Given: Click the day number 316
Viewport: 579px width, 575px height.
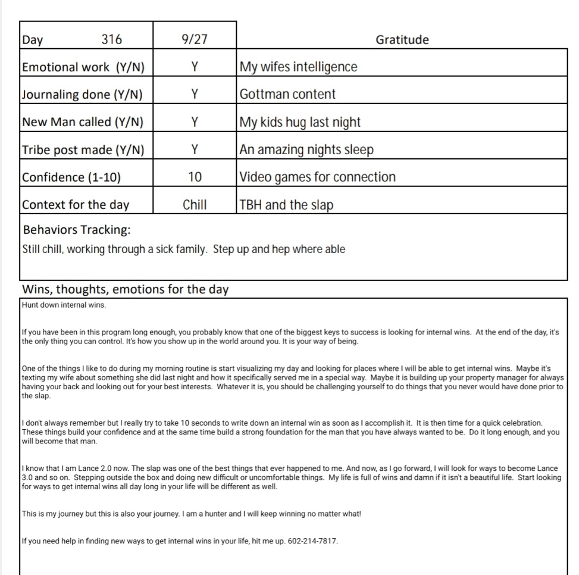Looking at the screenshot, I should coord(112,40).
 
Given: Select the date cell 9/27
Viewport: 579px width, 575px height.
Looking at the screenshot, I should coord(195,40).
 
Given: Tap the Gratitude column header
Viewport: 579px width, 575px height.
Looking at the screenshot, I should coord(402,40).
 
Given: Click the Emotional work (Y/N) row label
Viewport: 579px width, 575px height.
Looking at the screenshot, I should coord(83,67).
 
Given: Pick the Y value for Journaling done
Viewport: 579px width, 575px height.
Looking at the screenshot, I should coord(195,94).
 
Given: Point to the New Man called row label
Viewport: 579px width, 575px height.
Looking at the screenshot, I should coord(83,122).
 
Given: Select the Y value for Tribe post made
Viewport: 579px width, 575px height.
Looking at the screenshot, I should coord(195,149).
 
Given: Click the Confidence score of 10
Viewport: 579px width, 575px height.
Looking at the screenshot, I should coord(195,177).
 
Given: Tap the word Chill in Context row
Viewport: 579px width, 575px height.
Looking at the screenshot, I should coord(195,205).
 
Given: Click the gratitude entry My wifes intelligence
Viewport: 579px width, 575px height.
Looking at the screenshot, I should coord(298,67).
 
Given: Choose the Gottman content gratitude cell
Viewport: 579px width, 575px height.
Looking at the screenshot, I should coord(287,94).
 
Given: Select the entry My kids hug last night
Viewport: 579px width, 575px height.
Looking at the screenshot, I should coord(300,122).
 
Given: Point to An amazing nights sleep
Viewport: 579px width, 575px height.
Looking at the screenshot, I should coord(306,149).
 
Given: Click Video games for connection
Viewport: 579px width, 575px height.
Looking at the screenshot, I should coord(317,177).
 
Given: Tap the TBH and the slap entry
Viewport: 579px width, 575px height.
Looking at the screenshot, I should coord(286,205).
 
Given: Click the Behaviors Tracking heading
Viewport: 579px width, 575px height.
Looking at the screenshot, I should coord(77,230).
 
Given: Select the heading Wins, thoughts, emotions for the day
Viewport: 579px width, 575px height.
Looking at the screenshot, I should coord(125,290).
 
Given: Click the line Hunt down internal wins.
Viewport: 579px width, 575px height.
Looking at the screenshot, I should coord(64,305).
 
